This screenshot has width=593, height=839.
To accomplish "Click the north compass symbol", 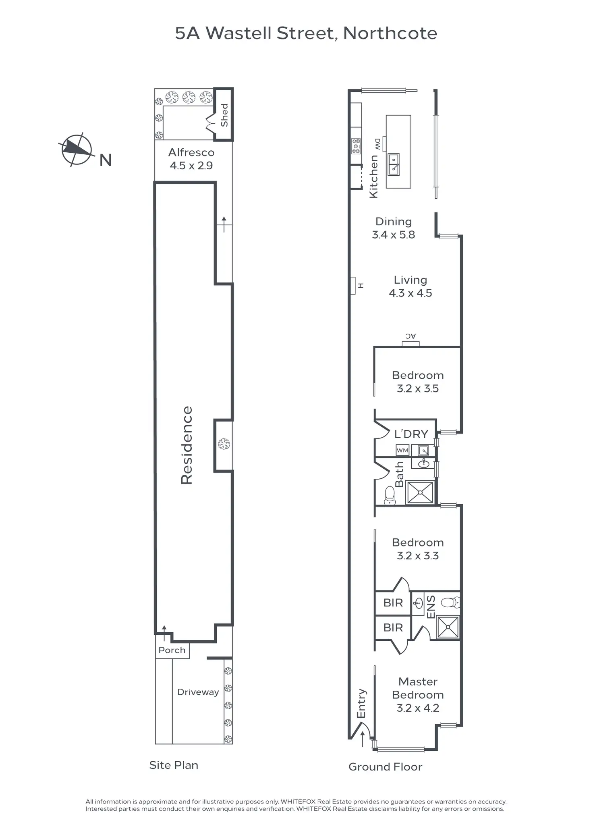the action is [x=77, y=150].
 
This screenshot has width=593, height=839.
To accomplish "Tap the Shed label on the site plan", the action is [x=224, y=115].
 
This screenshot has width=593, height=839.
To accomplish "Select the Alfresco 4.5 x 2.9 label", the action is [x=191, y=159].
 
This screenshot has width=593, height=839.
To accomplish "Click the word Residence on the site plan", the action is [x=187, y=445].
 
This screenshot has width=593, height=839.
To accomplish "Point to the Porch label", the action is [x=172, y=650].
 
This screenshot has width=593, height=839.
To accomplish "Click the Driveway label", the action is [x=198, y=692].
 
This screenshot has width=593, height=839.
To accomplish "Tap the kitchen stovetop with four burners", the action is [x=356, y=146].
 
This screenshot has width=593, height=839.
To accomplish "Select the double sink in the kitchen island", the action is [x=394, y=164].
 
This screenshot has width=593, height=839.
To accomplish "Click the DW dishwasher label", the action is [x=377, y=143].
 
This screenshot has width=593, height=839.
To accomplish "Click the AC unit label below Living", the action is [x=411, y=336].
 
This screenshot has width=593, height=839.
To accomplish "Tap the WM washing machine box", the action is [x=402, y=451].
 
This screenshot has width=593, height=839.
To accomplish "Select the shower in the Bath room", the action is [x=420, y=492].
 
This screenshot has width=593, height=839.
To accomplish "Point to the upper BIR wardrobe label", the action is [x=393, y=603].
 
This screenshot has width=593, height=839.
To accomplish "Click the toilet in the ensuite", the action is [x=451, y=603].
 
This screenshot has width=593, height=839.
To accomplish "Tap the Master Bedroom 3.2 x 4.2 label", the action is [x=418, y=695].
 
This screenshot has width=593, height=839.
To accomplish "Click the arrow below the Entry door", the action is [x=362, y=739].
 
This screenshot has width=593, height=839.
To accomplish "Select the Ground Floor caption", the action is [x=385, y=767].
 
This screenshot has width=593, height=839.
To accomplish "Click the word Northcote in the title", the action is [x=390, y=33].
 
